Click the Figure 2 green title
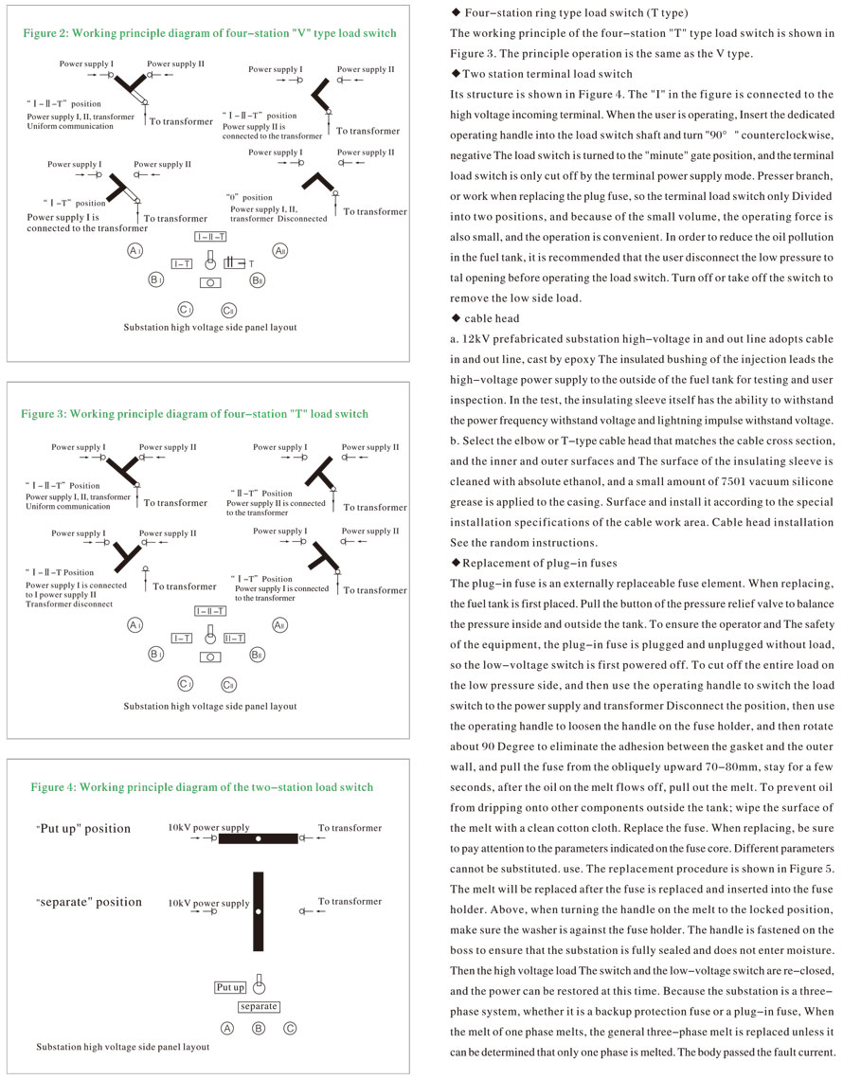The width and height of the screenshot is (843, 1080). coord(209,33)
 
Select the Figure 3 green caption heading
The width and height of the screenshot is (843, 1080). coord(194,414)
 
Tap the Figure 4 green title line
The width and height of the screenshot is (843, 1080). coord(202,787)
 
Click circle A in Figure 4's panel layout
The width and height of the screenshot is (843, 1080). coord(227,1028)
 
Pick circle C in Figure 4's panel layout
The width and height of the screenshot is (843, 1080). coord(291,1028)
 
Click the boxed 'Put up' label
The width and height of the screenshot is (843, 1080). coord(230,987)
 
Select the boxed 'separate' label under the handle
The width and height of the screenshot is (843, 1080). coord(259,1006)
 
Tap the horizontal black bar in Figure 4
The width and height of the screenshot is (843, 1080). coord(258,838)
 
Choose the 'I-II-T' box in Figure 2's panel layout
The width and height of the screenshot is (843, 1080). coord(210,236)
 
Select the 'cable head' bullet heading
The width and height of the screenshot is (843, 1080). coord(490,317)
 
